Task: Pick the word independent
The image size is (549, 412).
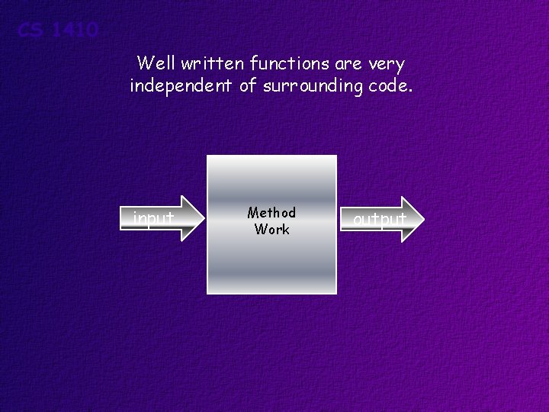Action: (181, 86)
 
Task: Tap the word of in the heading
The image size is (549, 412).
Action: (248, 86)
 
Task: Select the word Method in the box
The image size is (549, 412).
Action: (271, 213)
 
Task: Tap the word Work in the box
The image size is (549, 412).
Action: (271, 229)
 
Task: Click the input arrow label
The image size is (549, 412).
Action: (153, 220)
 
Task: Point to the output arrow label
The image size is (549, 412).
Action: (379, 220)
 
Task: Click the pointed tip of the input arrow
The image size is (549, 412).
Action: (205, 219)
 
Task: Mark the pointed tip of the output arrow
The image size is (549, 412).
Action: (421, 220)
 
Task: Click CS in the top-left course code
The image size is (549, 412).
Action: (30, 31)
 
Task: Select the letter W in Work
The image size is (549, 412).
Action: (261, 229)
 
